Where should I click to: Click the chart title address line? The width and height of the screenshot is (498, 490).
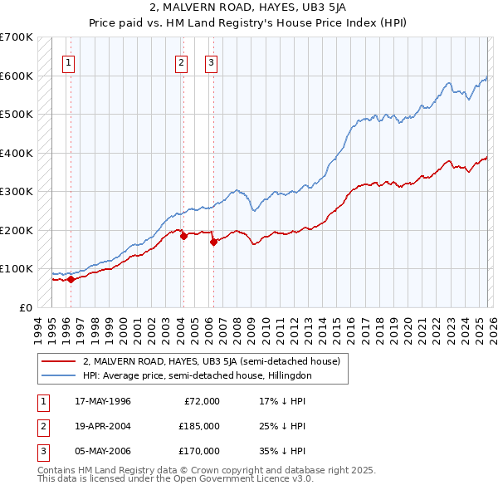coord(248,7)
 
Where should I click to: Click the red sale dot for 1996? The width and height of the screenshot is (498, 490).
coord(71,280)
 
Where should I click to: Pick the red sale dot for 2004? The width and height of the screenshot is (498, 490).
coord(183,236)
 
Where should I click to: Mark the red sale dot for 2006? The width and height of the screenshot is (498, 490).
coord(213,242)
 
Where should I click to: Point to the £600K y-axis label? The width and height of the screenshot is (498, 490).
coord(17,76)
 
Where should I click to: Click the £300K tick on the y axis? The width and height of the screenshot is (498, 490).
coord(17,191)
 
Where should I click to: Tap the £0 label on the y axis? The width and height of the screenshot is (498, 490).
coord(27,307)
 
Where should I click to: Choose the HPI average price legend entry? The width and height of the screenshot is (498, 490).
coord(197,375)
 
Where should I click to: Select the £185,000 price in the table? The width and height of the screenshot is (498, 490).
coord(198,426)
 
